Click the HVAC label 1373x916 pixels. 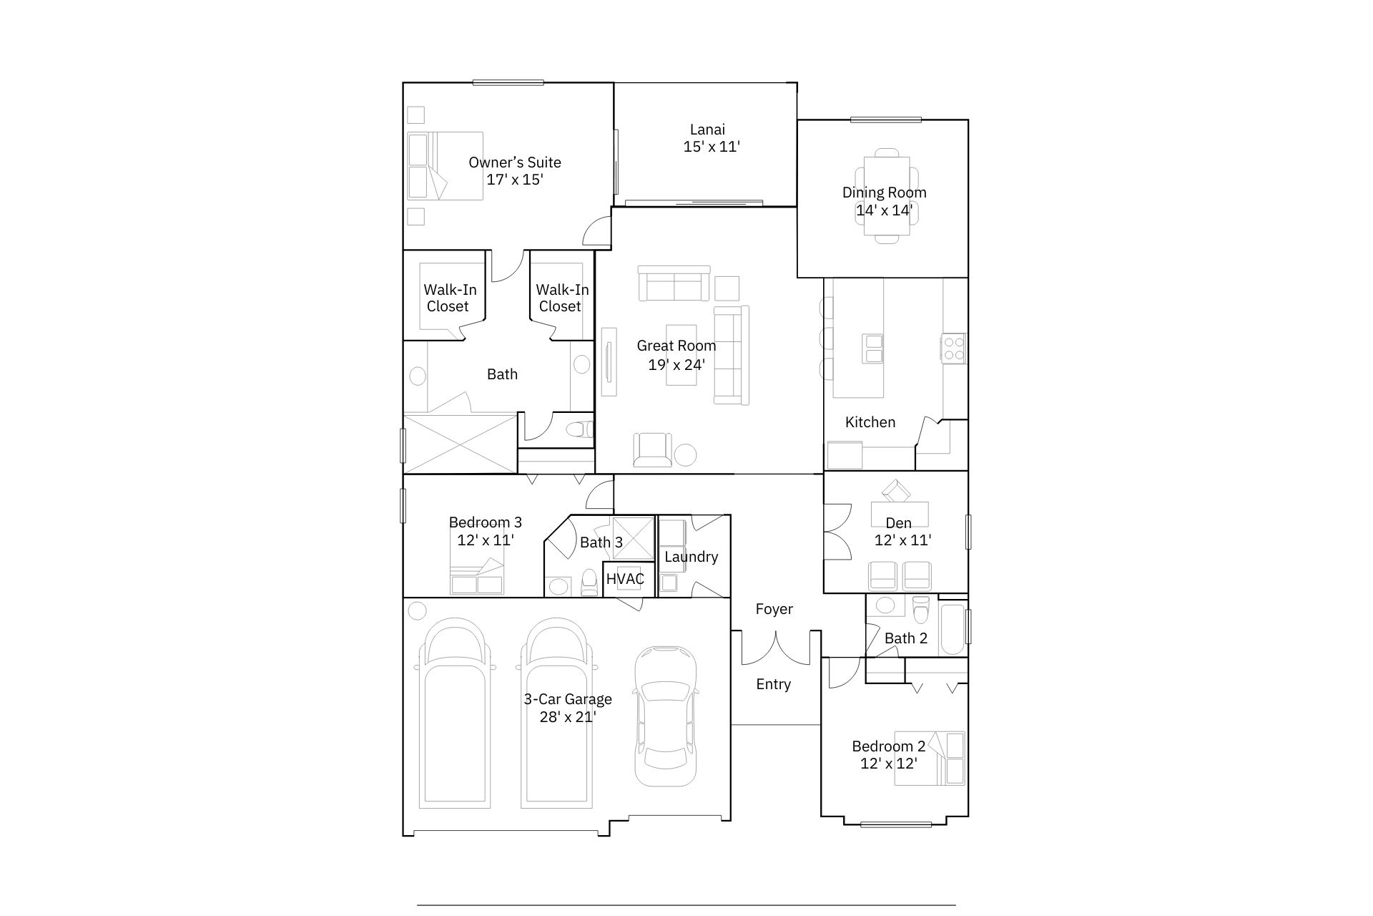click(x=625, y=579)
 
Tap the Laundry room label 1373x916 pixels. click(x=691, y=557)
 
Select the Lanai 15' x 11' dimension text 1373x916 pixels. click(x=712, y=147)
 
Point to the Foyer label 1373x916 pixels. click(x=774, y=609)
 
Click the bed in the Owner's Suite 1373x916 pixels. click(x=446, y=165)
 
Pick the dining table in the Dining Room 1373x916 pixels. click(x=887, y=196)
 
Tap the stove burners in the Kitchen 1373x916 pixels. click(x=954, y=349)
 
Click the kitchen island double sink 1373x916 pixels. click(x=874, y=349)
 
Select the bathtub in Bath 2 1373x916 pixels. click(x=952, y=630)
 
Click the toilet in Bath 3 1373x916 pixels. click(x=589, y=583)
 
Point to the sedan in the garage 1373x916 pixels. click(x=666, y=717)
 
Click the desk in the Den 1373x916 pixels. click(x=900, y=514)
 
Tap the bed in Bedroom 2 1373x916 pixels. click(x=930, y=758)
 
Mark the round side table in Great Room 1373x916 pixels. click(x=686, y=455)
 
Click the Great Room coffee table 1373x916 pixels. click(x=681, y=354)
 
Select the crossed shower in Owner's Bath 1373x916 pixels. click(x=460, y=443)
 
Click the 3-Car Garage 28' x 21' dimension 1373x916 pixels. click(x=568, y=717)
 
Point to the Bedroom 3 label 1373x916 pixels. click(x=486, y=522)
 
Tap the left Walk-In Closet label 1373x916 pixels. click(x=450, y=298)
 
